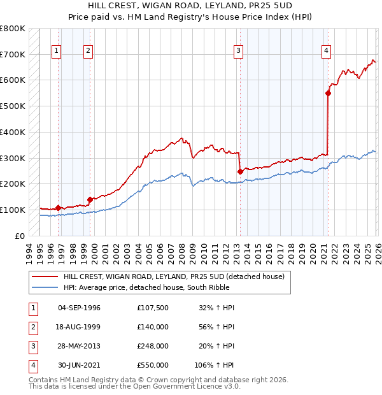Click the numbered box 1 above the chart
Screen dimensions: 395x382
(57, 52)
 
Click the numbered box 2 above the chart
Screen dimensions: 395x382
(88, 52)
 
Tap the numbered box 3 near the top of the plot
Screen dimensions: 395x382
(238, 52)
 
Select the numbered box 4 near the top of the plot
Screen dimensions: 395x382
(326, 52)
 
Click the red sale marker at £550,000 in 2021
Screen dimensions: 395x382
(329, 93)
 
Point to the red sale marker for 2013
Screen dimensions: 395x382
(240, 171)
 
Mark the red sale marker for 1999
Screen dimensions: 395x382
(90, 199)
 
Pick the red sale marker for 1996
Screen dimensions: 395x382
(58, 208)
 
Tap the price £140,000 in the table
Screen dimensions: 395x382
(152, 327)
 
